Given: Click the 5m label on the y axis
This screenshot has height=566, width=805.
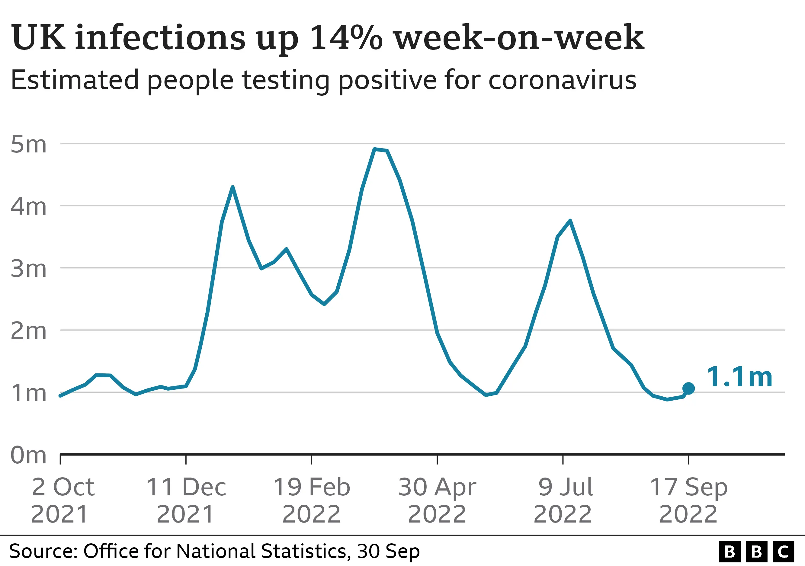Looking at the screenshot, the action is [x=28, y=144].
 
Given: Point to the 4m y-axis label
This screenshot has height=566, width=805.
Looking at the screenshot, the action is [x=28, y=206].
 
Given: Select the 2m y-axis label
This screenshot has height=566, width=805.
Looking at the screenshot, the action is [x=28, y=331].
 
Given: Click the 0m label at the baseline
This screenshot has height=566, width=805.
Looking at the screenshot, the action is [x=28, y=455].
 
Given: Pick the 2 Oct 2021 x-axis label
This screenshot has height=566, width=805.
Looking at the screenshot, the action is [x=62, y=500].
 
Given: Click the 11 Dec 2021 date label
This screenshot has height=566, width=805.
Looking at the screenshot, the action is [x=186, y=500].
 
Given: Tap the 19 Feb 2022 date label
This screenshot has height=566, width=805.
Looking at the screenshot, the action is [x=311, y=500].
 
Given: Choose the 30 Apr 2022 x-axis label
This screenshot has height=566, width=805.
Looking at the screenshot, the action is [x=437, y=500].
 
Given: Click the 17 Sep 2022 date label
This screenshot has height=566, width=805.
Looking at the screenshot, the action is [x=688, y=500].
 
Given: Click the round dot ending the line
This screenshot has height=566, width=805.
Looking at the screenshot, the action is [x=688, y=388].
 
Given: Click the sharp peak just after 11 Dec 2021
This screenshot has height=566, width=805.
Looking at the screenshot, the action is [x=233, y=187].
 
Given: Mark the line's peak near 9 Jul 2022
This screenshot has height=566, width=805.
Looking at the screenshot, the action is [x=570, y=220].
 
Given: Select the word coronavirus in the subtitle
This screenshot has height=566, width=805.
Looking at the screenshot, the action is [x=562, y=80].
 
